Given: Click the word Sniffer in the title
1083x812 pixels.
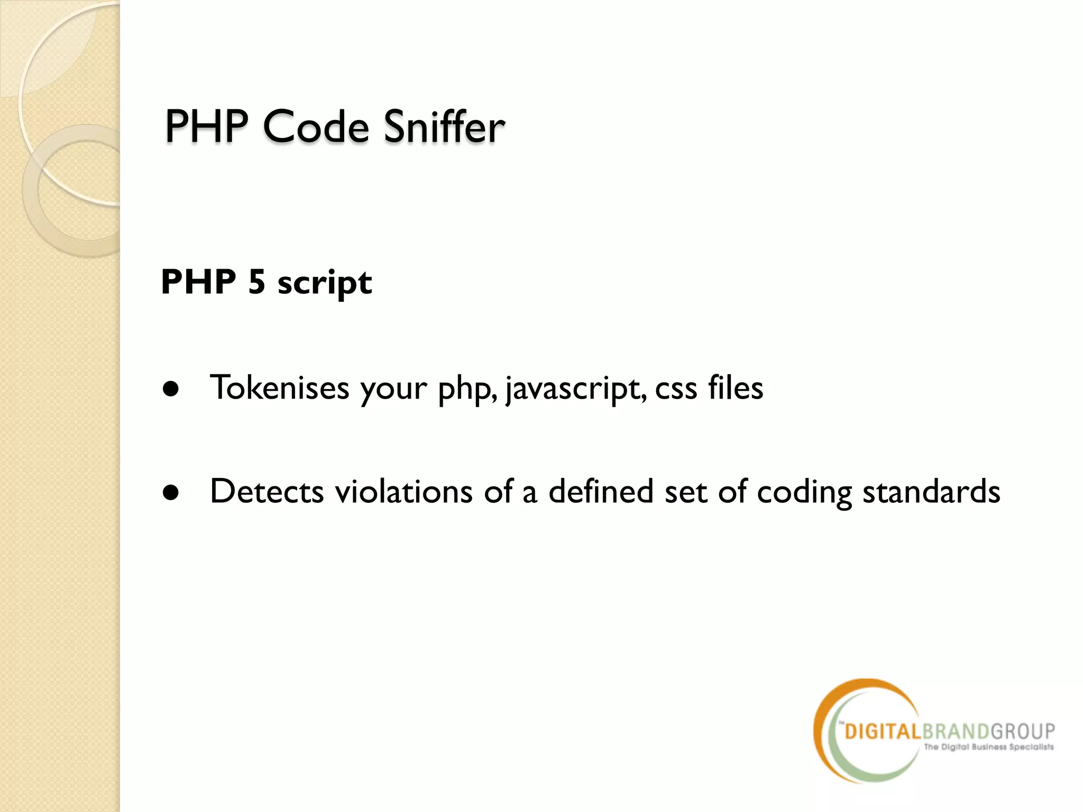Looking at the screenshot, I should pyautogui.click(x=444, y=127).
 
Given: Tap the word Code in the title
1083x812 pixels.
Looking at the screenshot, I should pyautogui.click(x=316, y=127).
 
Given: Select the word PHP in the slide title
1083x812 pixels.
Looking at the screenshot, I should pyautogui.click(x=206, y=127).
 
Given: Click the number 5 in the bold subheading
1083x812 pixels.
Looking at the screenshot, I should pyautogui.click(x=256, y=281).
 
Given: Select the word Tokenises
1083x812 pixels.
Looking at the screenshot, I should pyautogui.click(x=279, y=387).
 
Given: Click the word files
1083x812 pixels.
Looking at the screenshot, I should pyautogui.click(x=736, y=387).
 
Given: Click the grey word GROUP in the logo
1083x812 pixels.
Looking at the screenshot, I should pyautogui.click(x=1023, y=731).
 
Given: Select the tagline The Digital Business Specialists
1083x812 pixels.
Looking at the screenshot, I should pyautogui.click(x=988, y=747).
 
